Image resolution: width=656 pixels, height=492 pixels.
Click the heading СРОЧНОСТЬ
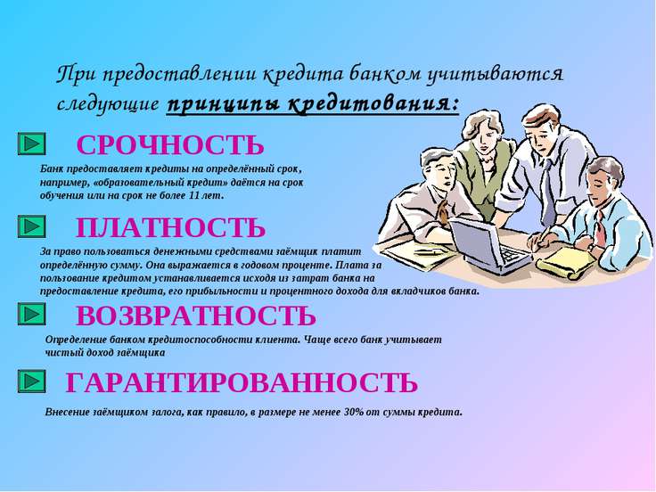pos(170,145)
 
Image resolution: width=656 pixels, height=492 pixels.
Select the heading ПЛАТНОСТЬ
pos(171,227)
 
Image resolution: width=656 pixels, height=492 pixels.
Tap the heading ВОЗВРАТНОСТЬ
pos(196,316)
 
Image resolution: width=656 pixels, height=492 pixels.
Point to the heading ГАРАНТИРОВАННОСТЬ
pos(242,382)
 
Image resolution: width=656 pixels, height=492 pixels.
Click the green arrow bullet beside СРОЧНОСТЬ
pos(32,143)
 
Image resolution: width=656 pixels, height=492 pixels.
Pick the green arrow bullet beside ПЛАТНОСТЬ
pos(32,226)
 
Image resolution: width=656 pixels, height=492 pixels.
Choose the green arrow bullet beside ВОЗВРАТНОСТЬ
pos(32,314)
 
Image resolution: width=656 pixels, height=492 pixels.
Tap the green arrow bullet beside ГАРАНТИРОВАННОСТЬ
pos(32,381)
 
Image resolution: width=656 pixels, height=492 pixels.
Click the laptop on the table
pos(489,246)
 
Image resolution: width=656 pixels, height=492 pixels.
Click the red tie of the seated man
pos(601,230)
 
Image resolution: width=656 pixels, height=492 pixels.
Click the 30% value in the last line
pos(354,412)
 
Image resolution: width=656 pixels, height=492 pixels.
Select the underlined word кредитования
pos(373,102)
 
